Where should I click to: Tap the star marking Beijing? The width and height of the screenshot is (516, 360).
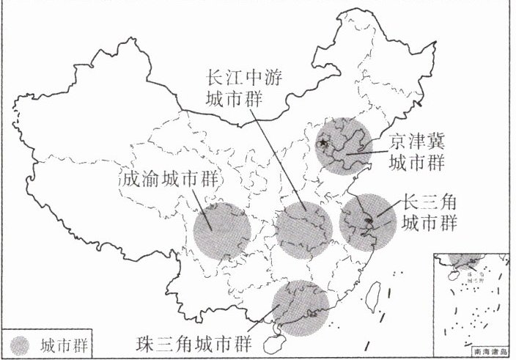[x=322, y=144]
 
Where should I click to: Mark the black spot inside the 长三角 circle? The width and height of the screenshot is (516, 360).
[x=369, y=218]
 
